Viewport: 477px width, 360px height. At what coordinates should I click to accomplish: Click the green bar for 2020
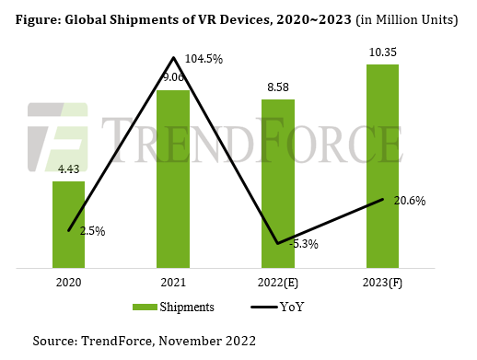pos(68,226)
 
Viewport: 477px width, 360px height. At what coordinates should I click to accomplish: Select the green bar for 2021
pos(173,180)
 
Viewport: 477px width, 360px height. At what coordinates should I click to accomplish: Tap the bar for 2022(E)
pos(278,184)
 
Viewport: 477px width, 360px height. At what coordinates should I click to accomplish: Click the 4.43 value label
pos(68,170)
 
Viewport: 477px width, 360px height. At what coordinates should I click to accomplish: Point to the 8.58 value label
pos(278,87)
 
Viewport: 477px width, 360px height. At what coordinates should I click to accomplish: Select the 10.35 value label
pos(382,53)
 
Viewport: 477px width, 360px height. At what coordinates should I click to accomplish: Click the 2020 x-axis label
pos(68,283)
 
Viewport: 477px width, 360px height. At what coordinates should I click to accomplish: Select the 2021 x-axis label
pos(173,283)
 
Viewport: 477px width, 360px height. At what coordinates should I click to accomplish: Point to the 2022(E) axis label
pos(278,283)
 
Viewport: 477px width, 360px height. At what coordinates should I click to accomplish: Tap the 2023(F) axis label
pos(382,283)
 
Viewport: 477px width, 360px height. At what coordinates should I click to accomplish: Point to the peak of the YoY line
pos(173,58)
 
